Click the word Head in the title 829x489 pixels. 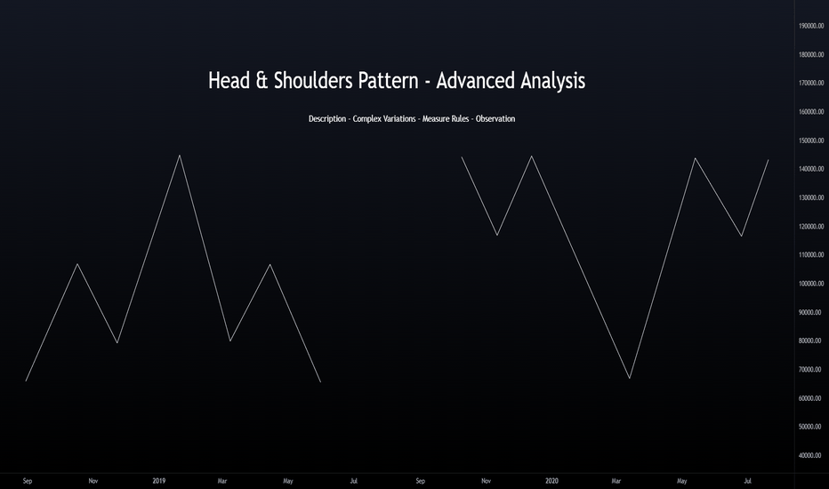pos(229,81)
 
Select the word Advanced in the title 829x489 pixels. pos(475,81)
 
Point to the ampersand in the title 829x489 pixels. pos(262,81)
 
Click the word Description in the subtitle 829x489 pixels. pos(327,119)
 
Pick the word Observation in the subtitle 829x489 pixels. pos(495,119)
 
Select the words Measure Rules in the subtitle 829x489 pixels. pos(446,119)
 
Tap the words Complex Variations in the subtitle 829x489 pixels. pos(384,119)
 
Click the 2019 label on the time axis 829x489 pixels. pos(159,481)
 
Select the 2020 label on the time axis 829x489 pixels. pos(551,481)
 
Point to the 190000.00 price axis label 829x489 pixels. pos(811,26)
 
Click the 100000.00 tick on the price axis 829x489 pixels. pos(811,284)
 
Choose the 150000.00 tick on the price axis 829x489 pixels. pos(811,140)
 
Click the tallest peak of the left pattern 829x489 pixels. pos(180,156)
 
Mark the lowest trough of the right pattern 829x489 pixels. pos(630,378)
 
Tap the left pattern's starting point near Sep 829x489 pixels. pos(26,381)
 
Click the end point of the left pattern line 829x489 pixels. pos(320,381)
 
